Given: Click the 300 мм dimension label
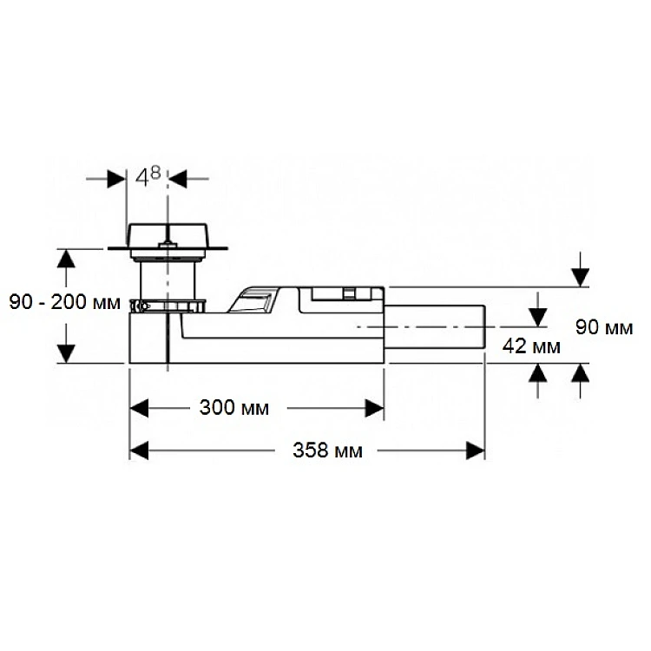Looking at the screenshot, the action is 233,408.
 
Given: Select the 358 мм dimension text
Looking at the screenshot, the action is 327,450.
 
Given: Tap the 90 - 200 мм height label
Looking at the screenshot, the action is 65,302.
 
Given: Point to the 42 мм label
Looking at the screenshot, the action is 531,345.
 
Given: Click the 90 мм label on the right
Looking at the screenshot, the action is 604,327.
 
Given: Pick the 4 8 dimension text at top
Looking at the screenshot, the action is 148,176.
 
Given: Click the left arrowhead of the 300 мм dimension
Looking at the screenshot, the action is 139,409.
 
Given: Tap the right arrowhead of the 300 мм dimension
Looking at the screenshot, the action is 374,409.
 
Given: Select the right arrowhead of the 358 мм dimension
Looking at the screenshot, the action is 476,450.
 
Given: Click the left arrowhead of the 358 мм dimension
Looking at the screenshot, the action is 139,450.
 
